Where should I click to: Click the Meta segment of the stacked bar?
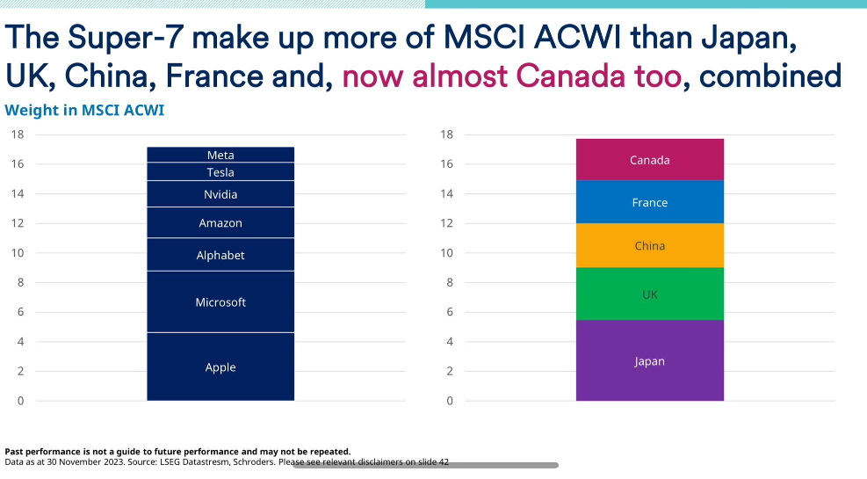(220, 155)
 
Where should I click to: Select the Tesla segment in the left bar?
(220, 172)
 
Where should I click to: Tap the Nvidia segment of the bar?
(220, 194)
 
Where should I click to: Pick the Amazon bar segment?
(220, 223)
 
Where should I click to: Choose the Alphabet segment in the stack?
(220, 255)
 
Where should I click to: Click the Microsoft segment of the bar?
(220, 302)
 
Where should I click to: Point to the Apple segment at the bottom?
(220, 367)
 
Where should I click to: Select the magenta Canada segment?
(650, 160)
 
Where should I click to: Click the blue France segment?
(650, 202)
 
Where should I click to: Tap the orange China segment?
(650, 246)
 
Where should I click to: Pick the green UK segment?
(650, 294)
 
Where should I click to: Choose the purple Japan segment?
(650, 361)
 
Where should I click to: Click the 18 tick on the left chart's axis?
(18, 134)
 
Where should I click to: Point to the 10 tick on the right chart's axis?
(446, 253)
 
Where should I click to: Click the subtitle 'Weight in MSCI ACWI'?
(84, 111)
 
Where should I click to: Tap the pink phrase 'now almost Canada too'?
(511, 76)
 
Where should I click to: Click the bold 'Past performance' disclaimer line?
(177, 452)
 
